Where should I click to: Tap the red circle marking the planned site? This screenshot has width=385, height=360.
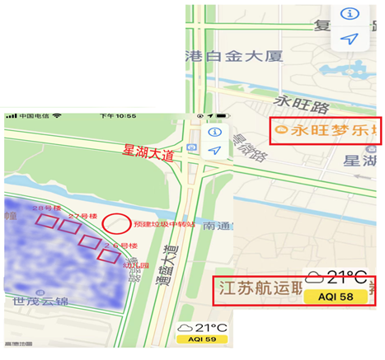pyautogui.click(x=117, y=222)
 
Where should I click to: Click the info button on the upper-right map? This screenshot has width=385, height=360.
pyautogui.click(x=350, y=14)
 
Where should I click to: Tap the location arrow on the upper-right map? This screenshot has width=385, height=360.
pyautogui.click(x=350, y=39)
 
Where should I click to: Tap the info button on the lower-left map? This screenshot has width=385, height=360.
pyautogui.click(x=214, y=132)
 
